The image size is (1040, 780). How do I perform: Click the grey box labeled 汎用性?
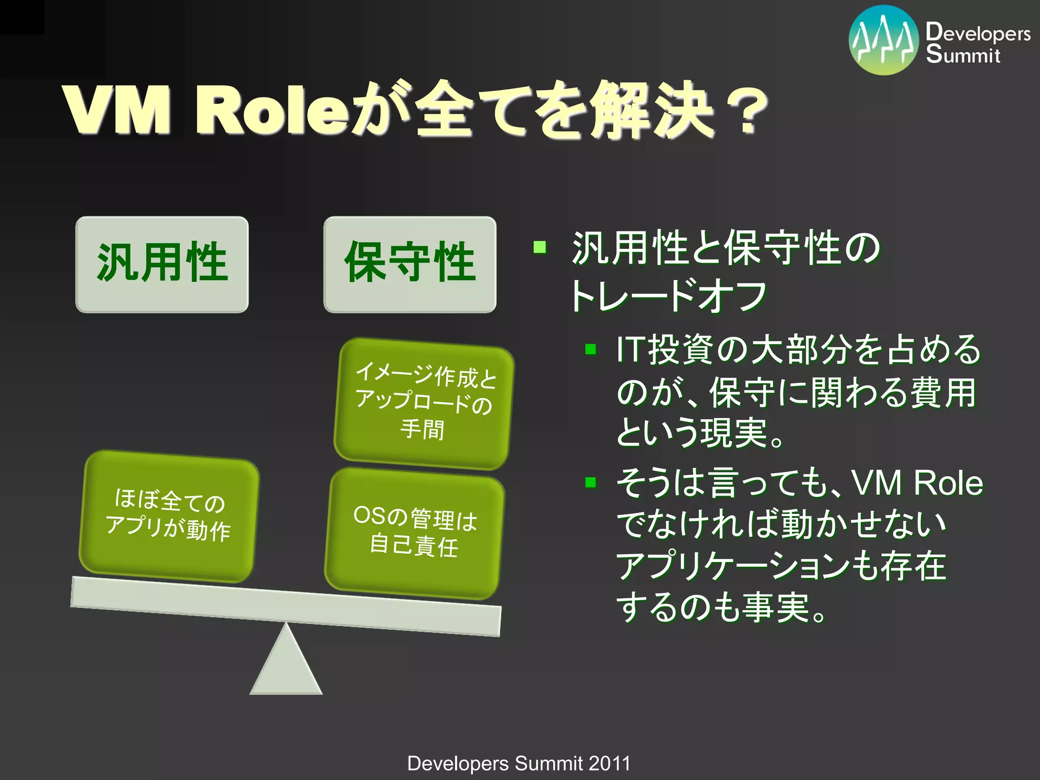[162, 264]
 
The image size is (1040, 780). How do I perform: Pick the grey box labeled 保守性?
[410, 264]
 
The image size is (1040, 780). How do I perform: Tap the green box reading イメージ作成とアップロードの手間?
[424, 404]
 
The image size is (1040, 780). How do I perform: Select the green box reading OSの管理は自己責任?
[414, 533]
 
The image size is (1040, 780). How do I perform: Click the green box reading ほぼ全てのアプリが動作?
[169, 515]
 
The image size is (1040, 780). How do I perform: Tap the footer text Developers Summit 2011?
[518, 763]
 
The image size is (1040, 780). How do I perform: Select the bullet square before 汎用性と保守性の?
[540, 248]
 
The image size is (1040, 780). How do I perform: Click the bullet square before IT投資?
[590, 349]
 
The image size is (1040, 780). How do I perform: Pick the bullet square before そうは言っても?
[590, 482]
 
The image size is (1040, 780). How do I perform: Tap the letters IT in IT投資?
[630, 350]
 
